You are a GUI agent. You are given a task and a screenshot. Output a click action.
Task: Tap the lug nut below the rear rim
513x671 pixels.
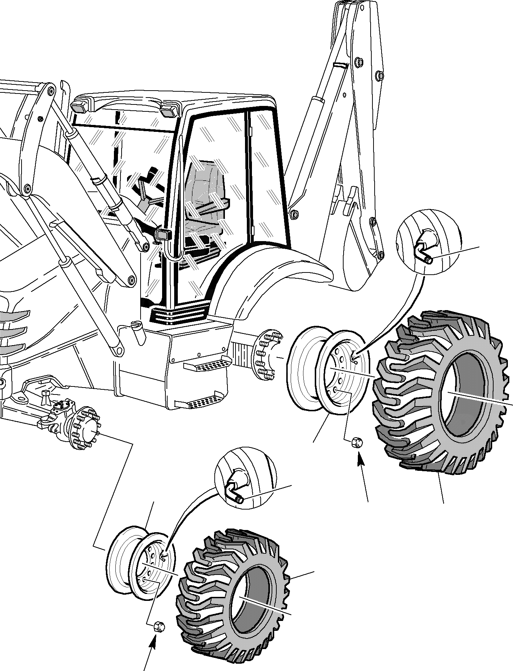356,443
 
